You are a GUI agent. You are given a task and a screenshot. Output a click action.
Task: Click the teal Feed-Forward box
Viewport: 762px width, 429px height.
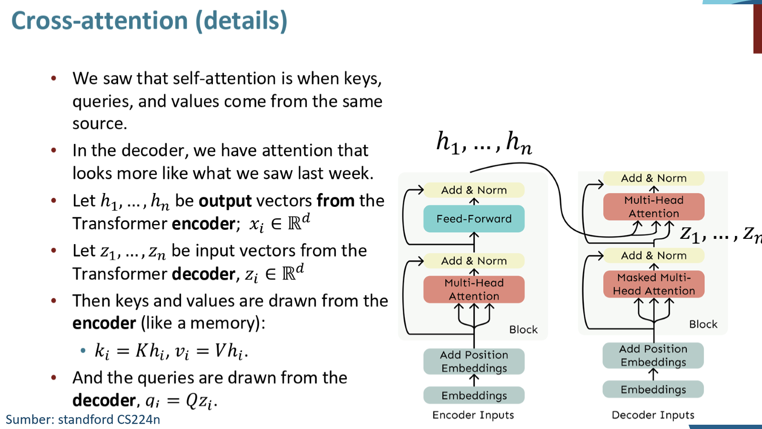474,219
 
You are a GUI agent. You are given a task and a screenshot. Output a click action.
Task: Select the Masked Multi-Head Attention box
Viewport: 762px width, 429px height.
654,284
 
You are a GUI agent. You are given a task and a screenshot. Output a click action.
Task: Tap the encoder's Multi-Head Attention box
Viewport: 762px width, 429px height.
474,289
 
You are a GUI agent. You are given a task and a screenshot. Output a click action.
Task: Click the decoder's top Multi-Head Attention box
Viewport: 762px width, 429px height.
654,207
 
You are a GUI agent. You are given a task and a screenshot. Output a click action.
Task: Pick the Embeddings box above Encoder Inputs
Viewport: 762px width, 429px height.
474,395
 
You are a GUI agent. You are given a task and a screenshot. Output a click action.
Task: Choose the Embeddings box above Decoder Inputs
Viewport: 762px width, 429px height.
653,389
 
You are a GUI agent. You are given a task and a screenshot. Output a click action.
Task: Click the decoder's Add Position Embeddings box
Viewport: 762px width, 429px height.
653,356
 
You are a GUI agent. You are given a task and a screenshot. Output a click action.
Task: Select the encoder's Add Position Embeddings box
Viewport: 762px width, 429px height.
474,361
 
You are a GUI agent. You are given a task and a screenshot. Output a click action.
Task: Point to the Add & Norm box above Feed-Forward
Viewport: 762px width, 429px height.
474,190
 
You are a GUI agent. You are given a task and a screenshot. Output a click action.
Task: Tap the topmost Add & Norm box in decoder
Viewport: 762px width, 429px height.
654,178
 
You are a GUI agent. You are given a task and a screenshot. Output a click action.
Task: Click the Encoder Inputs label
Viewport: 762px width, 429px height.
473,415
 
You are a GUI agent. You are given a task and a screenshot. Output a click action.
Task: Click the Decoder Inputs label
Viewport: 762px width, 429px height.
653,415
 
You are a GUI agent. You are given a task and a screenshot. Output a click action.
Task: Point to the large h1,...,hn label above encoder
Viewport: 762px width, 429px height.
484,143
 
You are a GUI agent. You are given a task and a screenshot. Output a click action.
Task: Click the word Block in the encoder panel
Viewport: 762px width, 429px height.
523,329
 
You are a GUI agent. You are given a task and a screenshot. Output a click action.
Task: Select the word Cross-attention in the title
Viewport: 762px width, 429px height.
100,21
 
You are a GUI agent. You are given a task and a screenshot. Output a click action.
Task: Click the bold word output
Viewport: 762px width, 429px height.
225,201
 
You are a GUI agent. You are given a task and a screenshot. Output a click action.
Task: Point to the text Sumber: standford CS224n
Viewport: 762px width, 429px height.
83,419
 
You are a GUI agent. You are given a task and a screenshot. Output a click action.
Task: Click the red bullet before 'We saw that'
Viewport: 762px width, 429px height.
53,79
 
